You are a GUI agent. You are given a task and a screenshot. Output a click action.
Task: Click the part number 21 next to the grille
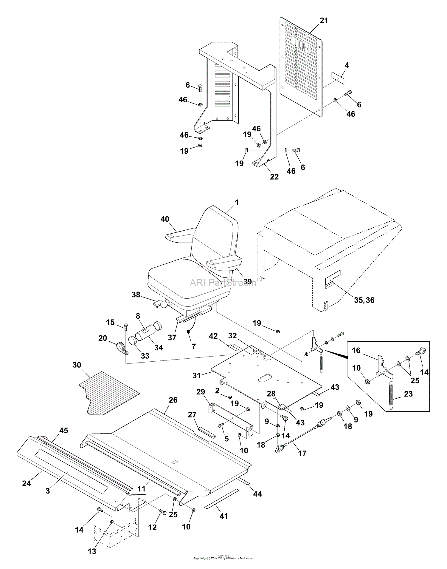324,21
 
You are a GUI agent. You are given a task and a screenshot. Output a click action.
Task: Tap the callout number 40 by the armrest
165,219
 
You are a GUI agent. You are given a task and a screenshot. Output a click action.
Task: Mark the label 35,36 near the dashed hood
364,300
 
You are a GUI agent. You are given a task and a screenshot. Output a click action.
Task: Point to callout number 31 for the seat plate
196,375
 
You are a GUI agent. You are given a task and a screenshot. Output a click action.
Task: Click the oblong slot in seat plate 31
263,378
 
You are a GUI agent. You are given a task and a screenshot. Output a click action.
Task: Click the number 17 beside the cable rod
302,453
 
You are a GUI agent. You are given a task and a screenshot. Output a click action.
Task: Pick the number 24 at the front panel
27,483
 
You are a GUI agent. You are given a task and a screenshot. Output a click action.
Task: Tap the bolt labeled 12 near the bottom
162,512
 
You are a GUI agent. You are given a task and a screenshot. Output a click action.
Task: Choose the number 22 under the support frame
274,177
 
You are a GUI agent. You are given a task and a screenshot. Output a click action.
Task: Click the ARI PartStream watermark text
223,282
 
